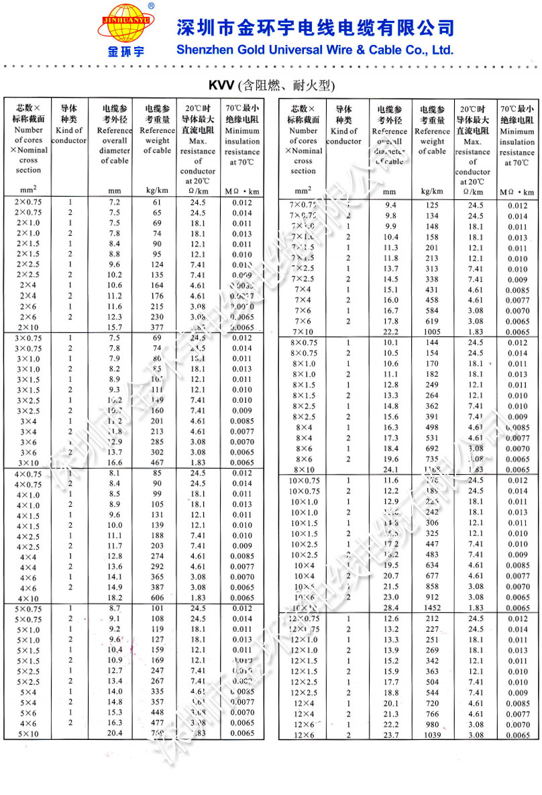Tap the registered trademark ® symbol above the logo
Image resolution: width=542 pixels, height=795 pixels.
click(x=151, y=5)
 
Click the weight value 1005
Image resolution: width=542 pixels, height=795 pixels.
click(x=432, y=332)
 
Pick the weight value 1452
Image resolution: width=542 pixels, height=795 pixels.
click(x=432, y=608)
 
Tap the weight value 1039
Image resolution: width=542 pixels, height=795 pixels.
click(x=432, y=735)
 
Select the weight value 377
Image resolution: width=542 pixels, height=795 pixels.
click(x=157, y=327)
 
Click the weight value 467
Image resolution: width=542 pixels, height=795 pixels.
click(x=157, y=463)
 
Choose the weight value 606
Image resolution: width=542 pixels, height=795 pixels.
click(x=157, y=598)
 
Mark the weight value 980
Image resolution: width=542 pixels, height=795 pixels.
click(x=432, y=724)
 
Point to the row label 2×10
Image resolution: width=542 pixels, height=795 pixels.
click(x=28, y=327)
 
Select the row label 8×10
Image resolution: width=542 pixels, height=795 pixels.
click(x=303, y=469)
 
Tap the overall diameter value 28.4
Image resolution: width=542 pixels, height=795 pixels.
click(x=390, y=608)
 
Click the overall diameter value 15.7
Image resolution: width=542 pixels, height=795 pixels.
click(x=114, y=327)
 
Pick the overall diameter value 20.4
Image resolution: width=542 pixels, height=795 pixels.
click(x=114, y=733)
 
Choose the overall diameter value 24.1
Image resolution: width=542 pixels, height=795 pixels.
click(x=390, y=469)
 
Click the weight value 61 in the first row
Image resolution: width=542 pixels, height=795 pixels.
click(x=157, y=202)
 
